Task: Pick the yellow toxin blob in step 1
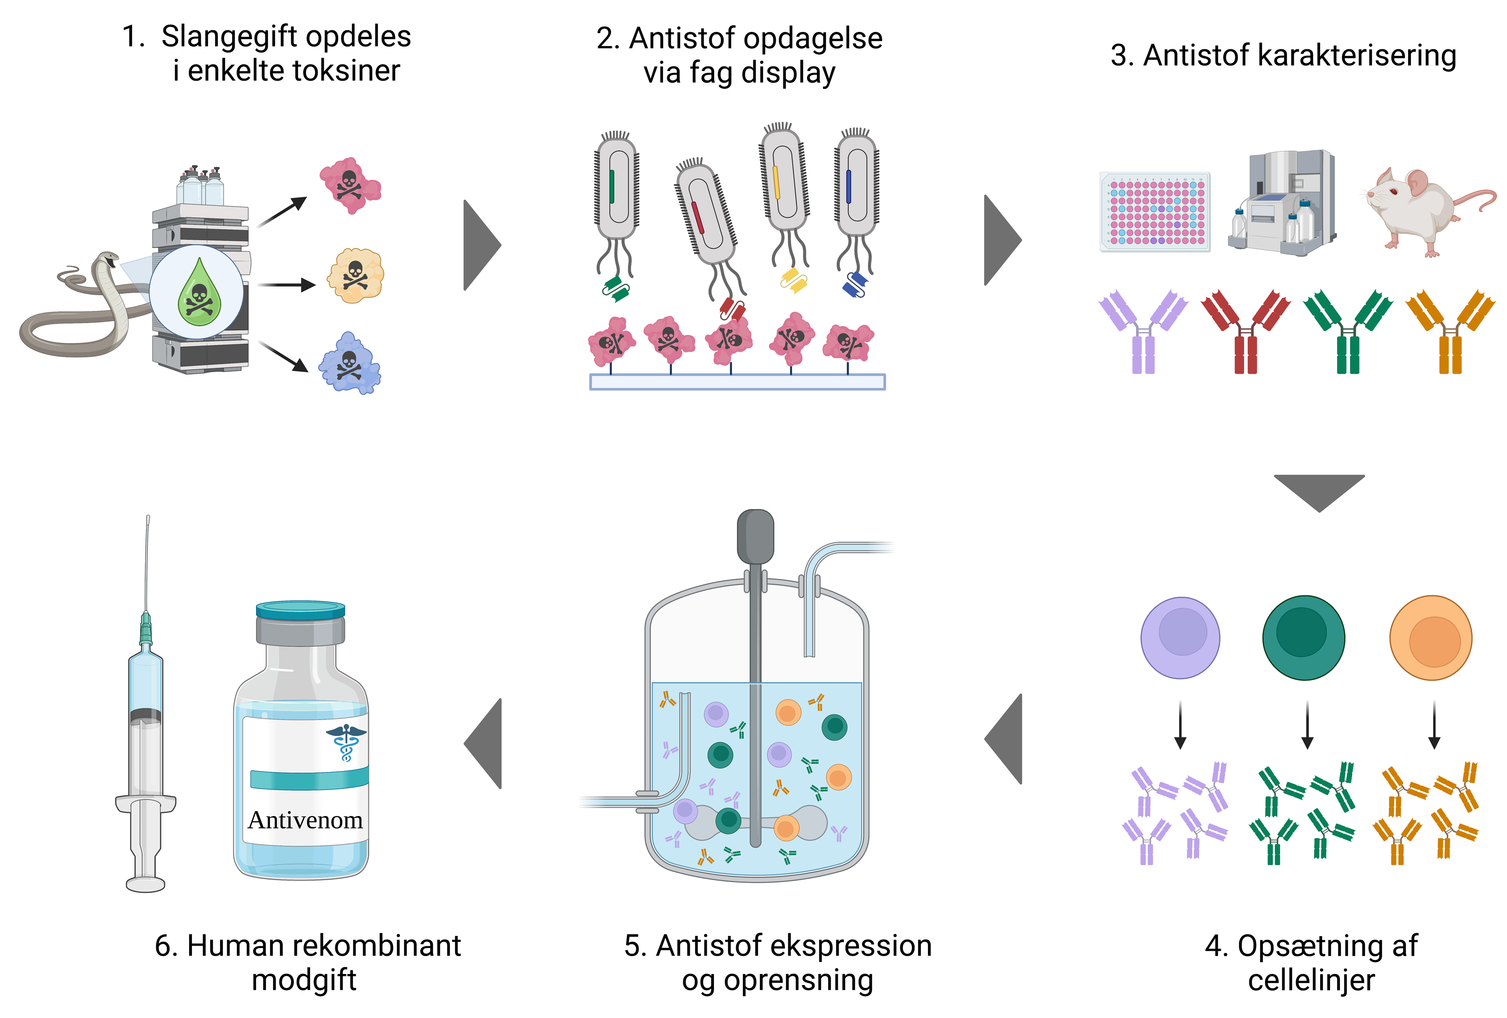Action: point(355,276)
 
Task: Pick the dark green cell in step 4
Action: point(1303,637)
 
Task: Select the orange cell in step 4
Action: point(1430,637)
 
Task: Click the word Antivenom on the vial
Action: point(305,820)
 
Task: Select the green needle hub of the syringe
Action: point(146,628)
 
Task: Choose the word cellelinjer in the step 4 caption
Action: point(1311,980)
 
